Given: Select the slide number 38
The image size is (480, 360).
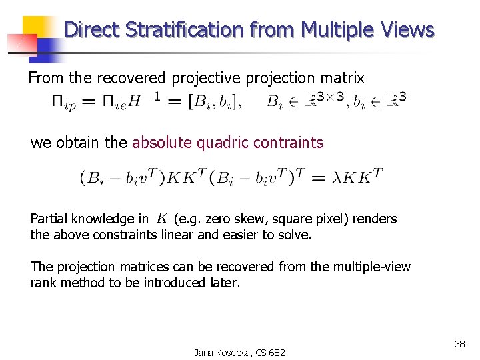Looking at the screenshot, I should tap(459, 344).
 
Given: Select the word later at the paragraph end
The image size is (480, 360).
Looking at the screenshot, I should tap(223, 283).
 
